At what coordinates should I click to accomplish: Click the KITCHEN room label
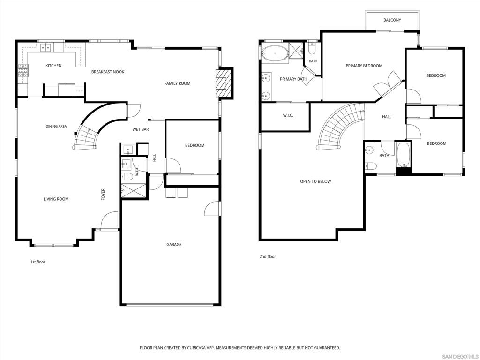pos(53,66)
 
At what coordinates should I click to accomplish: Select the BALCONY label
pos(392,20)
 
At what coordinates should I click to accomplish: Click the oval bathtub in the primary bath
pos(275,53)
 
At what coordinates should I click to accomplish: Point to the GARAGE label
pos(174,245)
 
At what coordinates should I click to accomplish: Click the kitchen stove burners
pos(23,70)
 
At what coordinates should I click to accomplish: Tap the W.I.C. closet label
pos(288,115)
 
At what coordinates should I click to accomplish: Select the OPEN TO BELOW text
pos(315,181)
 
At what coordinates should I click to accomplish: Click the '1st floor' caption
pos(37,262)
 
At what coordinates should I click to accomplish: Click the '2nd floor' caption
pos(268,257)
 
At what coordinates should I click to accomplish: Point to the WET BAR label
pos(141,129)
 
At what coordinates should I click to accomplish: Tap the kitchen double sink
pos(46,47)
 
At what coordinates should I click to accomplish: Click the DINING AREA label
pos(56,127)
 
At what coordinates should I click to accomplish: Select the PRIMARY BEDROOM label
pos(364,66)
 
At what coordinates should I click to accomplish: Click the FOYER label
pos(103,195)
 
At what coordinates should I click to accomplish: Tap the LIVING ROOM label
pos(56,199)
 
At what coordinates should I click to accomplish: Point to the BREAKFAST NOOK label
pos(108,72)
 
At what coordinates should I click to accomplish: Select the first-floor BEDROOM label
pos(195,145)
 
